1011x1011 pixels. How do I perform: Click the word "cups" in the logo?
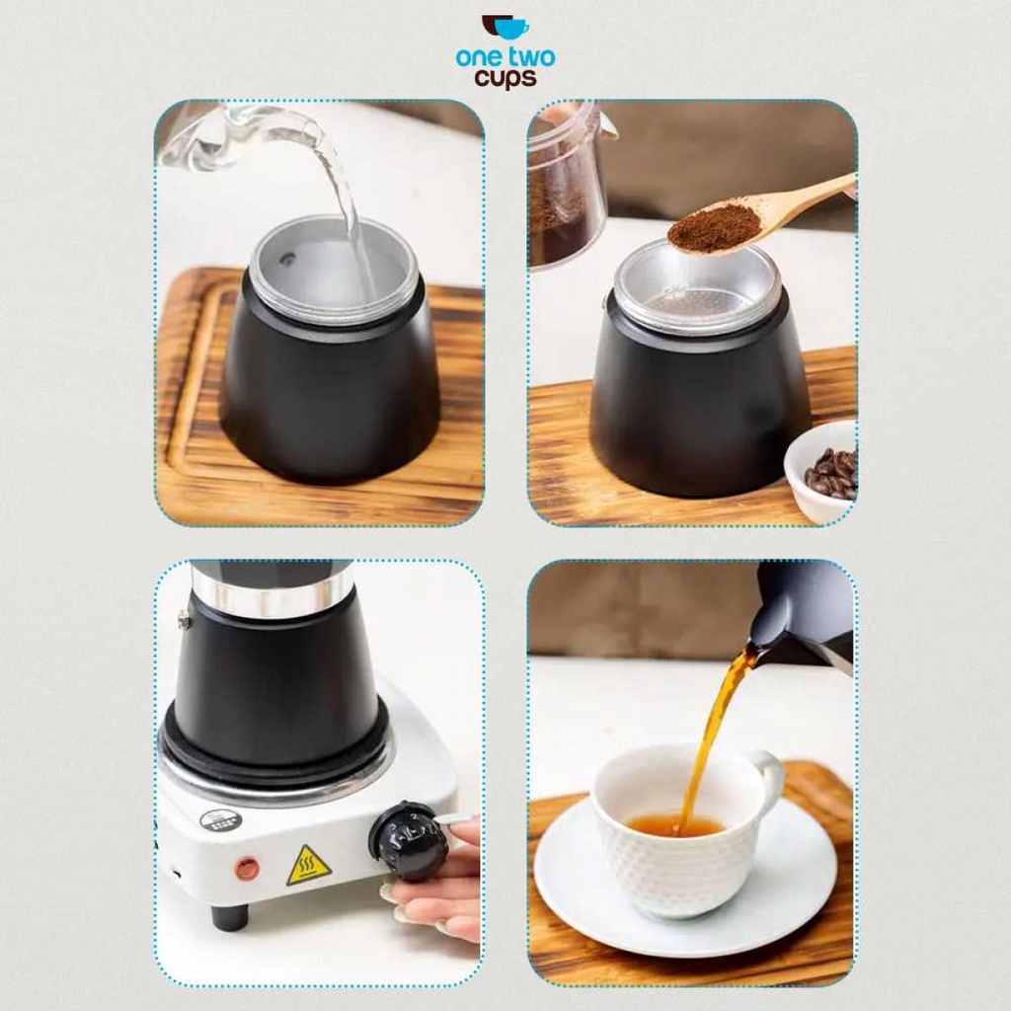click(505, 79)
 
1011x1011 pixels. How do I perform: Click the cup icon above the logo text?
click(505, 27)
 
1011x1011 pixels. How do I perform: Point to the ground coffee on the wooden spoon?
click(714, 226)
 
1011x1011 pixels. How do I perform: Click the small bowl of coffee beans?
click(821, 471)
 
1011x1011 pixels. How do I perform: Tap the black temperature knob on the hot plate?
click(409, 841)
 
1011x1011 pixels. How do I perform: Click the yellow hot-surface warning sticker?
click(309, 865)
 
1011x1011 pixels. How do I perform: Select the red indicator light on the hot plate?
click(248, 869)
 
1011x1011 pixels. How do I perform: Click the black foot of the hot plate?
click(229, 916)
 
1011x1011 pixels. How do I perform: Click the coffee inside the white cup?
click(675, 825)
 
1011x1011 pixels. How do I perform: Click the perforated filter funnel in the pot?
click(696, 288)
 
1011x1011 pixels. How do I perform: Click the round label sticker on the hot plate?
click(220, 820)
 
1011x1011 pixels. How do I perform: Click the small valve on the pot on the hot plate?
click(185, 620)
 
